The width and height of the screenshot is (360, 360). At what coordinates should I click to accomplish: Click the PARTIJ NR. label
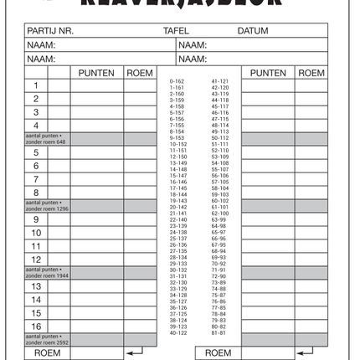[50, 31]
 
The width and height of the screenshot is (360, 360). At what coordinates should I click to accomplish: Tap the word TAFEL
[176, 31]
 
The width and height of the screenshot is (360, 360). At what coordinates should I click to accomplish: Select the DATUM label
[252, 31]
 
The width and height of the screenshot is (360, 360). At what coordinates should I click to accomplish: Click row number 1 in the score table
[36, 85]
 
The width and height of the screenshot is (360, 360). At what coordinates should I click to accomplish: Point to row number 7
[36, 179]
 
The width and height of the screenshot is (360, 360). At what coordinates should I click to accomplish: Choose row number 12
[36, 260]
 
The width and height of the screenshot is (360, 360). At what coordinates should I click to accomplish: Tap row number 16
[36, 327]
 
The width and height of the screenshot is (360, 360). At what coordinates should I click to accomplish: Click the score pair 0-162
[177, 81]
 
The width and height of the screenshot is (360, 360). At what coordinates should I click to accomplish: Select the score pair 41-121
[220, 81]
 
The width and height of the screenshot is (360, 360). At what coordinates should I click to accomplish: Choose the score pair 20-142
[177, 207]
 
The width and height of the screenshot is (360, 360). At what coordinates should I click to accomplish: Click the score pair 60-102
[220, 201]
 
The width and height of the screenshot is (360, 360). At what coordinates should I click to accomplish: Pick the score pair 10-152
[177, 144]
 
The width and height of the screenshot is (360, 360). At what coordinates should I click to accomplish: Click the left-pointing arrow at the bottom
[134, 353]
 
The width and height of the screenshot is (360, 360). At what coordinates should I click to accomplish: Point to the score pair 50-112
[220, 137]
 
